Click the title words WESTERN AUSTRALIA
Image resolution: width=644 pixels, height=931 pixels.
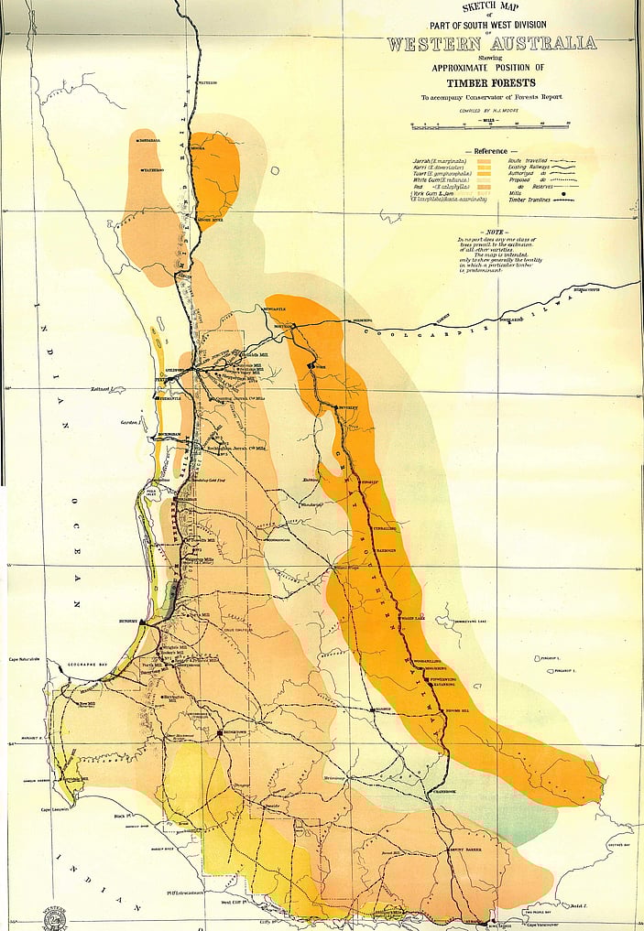[491, 43]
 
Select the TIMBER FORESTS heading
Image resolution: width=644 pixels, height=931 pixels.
[491, 81]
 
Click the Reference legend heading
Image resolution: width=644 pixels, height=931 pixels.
[491, 151]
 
